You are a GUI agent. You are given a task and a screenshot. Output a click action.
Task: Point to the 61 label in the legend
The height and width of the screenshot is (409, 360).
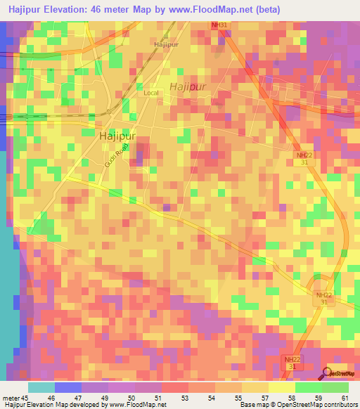coord(344,396)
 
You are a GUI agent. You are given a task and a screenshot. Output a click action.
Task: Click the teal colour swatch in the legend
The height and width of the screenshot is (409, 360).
coord(41,387)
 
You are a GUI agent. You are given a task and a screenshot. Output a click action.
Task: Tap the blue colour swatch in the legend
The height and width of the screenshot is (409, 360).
coord(67,387)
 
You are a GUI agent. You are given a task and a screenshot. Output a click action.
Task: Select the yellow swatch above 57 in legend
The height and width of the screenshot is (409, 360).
coord(255,387)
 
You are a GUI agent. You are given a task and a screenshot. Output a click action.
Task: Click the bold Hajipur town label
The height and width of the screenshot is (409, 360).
coord(117,136)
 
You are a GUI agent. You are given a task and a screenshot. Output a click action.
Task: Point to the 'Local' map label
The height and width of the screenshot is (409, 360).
coord(151,93)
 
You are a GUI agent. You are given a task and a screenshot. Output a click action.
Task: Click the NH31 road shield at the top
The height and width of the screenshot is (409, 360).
coord(220,25)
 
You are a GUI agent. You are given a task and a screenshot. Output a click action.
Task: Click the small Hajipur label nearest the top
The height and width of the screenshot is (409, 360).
coord(166,44)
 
